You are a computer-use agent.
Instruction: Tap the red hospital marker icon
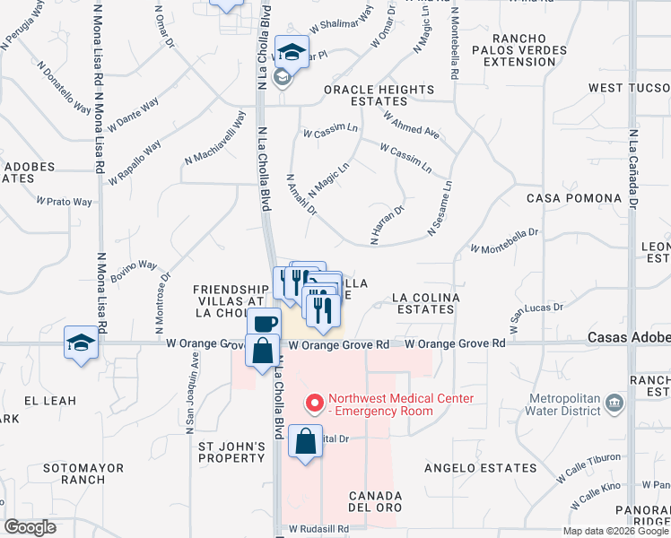point(314,404)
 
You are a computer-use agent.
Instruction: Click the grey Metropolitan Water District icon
point(614,403)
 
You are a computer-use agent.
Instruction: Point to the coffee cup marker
point(265,324)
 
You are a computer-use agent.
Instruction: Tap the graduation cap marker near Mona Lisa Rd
point(81,343)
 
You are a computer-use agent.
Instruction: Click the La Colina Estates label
point(426,303)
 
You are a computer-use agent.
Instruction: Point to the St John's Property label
point(232,453)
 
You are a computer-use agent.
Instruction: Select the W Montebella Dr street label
point(504,239)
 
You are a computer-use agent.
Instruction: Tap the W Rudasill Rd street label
point(318,530)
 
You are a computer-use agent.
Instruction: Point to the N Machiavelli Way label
point(214,140)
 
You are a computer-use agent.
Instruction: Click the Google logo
point(30,527)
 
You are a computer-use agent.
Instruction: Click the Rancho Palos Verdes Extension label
point(526,49)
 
